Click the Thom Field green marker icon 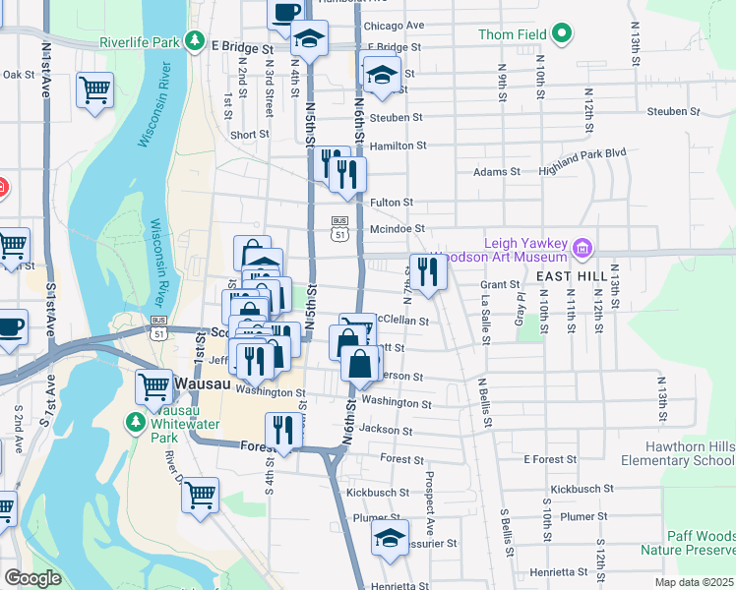[x=562, y=34]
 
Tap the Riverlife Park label [x=140, y=42]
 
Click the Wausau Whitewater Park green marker [x=135, y=422]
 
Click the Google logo [x=32, y=578]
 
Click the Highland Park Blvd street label [x=583, y=153]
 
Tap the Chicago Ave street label [x=394, y=26]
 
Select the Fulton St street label [x=391, y=203]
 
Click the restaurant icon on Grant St [x=427, y=270]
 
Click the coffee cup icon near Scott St [x=9, y=325]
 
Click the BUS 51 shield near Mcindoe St [x=340, y=228]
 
